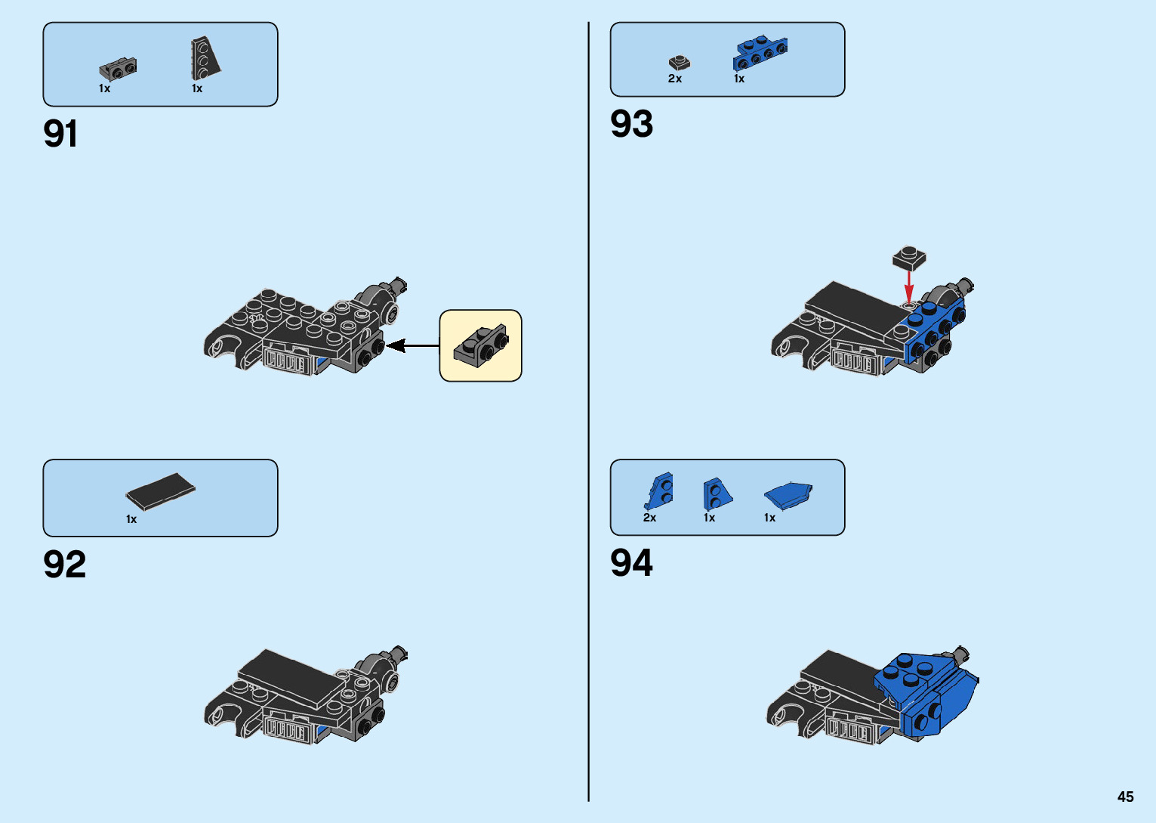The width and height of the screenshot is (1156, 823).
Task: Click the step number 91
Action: [60, 134]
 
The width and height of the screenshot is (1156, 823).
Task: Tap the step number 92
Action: [64, 565]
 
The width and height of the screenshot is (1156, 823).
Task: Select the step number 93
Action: [631, 124]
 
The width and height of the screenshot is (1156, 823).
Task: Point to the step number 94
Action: [631, 563]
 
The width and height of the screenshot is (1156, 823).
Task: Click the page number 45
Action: [1125, 797]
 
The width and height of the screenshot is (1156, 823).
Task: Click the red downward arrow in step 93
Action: [909, 286]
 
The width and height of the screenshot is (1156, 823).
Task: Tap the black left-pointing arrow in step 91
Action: [412, 346]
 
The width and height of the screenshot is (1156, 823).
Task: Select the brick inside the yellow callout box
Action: [481, 348]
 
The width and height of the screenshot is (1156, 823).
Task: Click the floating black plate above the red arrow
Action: [909, 258]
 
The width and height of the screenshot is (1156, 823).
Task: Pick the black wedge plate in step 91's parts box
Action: [204, 59]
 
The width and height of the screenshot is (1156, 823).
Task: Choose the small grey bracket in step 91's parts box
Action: [118, 70]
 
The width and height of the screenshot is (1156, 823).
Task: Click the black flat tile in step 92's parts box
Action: [160, 491]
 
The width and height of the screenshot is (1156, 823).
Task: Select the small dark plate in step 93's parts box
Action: [679, 63]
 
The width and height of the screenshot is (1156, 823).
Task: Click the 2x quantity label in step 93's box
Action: [674, 79]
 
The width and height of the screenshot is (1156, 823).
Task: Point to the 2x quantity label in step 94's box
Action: [649, 518]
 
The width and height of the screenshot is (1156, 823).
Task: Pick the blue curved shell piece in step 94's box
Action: [788, 496]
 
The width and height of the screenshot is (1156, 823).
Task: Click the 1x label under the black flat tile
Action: [131, 519]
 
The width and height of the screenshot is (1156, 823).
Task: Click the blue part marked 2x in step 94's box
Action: [659, 492]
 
